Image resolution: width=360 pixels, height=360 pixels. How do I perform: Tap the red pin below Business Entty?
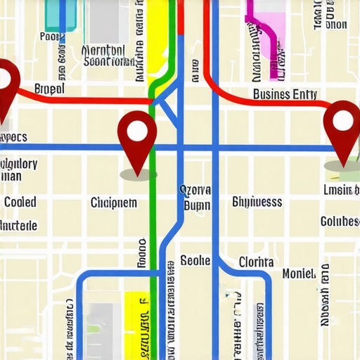click(x=342, y=123)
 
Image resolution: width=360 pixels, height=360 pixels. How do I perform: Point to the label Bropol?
click(x=49, y=89)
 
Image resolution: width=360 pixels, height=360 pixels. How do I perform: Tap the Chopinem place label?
click(x=114, y=202)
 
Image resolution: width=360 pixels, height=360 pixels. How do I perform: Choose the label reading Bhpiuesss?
click(x=257, y=202)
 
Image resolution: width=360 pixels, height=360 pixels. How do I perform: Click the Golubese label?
click(x=340, y=221)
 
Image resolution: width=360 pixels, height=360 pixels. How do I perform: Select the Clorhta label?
click(x=256, y=262)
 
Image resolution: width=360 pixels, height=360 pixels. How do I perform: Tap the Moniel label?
click(x=299, y=274)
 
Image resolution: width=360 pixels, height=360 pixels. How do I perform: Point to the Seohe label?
click(x=195, y=261)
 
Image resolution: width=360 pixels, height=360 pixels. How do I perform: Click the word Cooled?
click(x=20, y=202)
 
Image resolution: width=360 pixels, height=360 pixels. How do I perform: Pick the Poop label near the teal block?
click(x=51, y=36)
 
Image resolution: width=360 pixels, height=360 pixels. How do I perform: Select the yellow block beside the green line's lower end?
click(x=136, y=323)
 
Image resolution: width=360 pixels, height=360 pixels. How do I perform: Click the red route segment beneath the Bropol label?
click(x=84, y=101)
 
